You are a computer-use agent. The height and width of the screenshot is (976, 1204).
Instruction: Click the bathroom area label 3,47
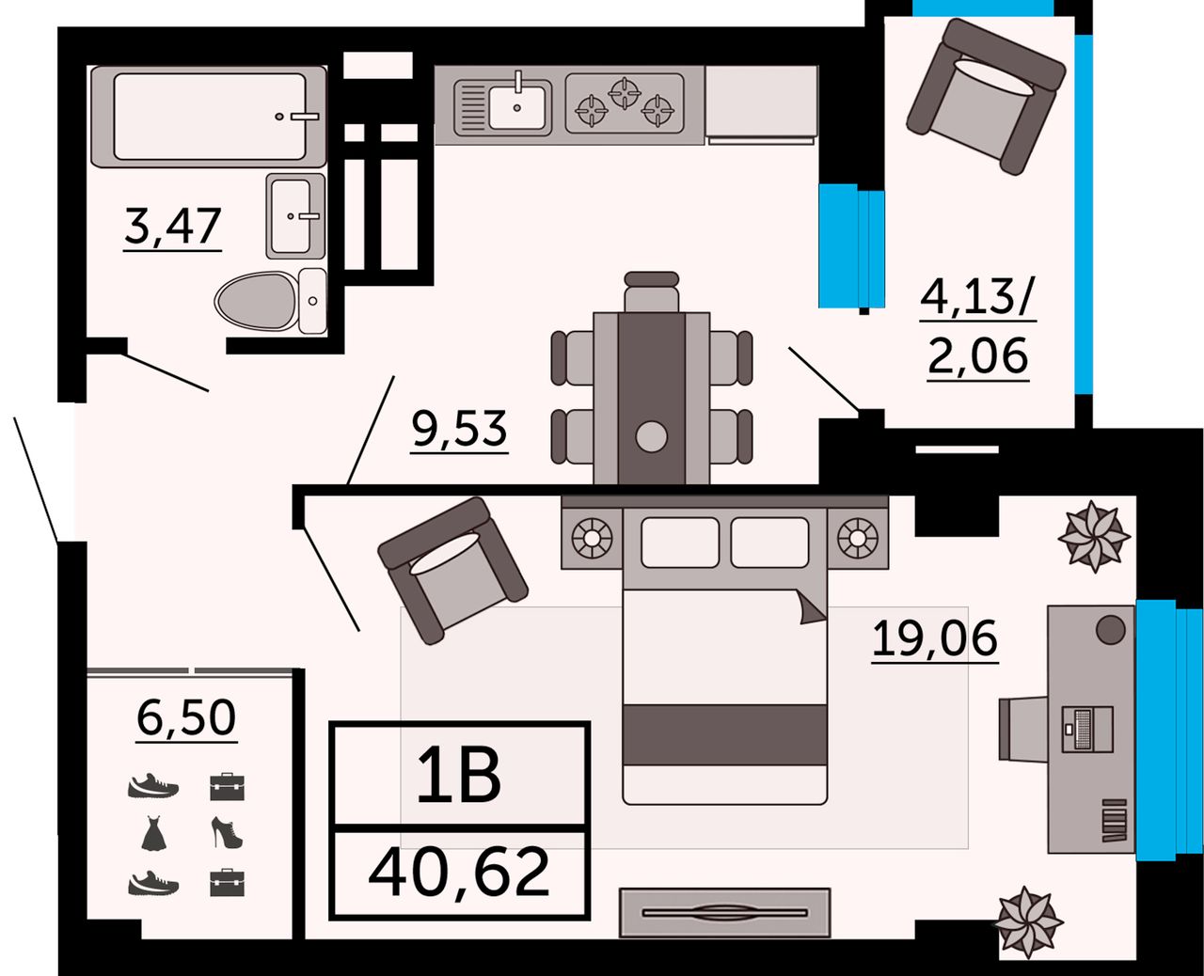172,227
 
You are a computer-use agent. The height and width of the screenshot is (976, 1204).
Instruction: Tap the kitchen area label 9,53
459,429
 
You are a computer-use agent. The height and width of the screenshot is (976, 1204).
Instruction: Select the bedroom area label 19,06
935,638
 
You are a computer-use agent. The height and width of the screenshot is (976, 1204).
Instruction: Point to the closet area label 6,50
186,717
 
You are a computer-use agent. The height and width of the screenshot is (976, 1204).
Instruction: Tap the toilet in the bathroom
270,301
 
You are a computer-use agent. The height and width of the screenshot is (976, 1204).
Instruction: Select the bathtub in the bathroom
209,117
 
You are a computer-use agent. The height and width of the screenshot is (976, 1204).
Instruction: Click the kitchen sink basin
516,105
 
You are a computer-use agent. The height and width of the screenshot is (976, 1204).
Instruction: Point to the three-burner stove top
625,104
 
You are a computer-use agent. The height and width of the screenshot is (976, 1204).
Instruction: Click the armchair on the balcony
986,96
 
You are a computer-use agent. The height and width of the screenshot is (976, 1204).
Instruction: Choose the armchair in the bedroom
452,571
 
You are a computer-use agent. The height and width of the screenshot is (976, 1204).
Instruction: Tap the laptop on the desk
1087,729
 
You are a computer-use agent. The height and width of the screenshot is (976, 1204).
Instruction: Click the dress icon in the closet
153,833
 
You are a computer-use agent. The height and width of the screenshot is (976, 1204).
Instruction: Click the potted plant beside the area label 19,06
1094,536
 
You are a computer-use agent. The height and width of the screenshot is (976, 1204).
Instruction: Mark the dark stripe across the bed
724,734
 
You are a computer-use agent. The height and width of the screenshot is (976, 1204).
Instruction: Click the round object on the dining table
651,436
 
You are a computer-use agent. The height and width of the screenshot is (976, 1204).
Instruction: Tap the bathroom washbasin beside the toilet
295,216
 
